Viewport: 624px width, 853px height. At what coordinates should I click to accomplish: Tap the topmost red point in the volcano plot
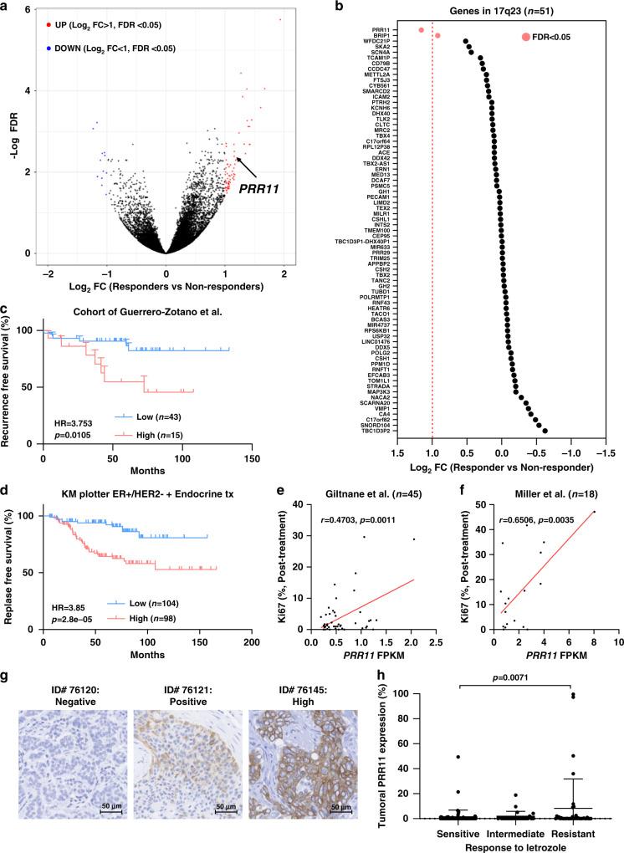pos(280,19)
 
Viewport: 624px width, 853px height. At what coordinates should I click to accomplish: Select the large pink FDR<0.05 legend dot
pos(526,37)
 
